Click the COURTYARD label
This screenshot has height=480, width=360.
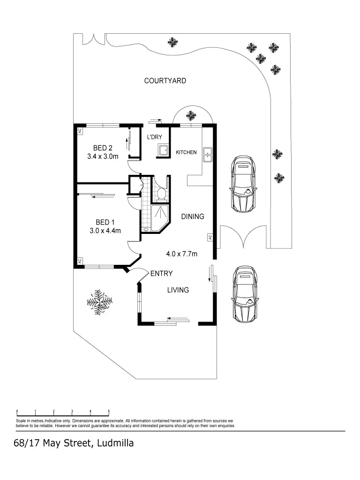pos(165,81)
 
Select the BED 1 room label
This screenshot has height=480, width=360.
pos(105,222)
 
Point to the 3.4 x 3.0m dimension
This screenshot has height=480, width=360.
pos(103,157)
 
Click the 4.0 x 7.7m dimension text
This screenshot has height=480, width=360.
pos(181,254)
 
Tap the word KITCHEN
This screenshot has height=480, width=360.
pos(186,152)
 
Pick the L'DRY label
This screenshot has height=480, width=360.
pos(154,137)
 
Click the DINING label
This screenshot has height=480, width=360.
pos(193,217)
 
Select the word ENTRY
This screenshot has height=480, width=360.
pos(161,273)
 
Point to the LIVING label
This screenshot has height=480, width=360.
pos(178,290)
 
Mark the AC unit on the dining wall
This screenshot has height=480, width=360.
pos(210,238)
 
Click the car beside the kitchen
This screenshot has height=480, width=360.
pos(243,183)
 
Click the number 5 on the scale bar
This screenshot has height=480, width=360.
pos(109,411)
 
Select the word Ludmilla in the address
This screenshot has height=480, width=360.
pos(115,443)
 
